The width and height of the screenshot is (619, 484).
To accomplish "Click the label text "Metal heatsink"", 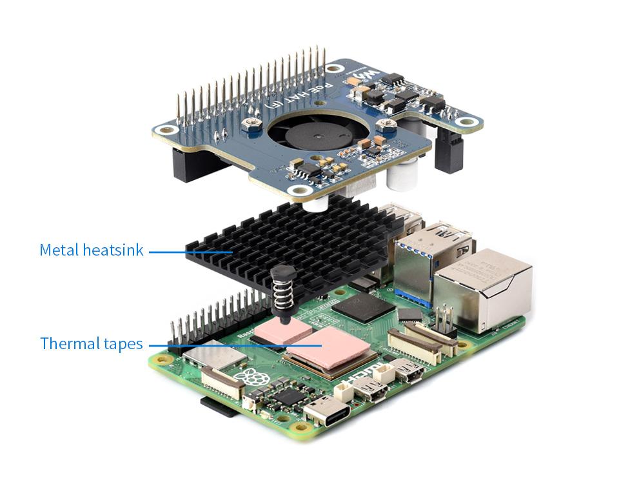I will point(91,250).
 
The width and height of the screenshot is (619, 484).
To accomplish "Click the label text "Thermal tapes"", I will point(91,343).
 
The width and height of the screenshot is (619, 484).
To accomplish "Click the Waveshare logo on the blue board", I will point(366,76).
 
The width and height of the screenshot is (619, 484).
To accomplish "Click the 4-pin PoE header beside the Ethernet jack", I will point(443,321).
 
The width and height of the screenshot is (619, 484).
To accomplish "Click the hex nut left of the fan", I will point(250,122).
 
